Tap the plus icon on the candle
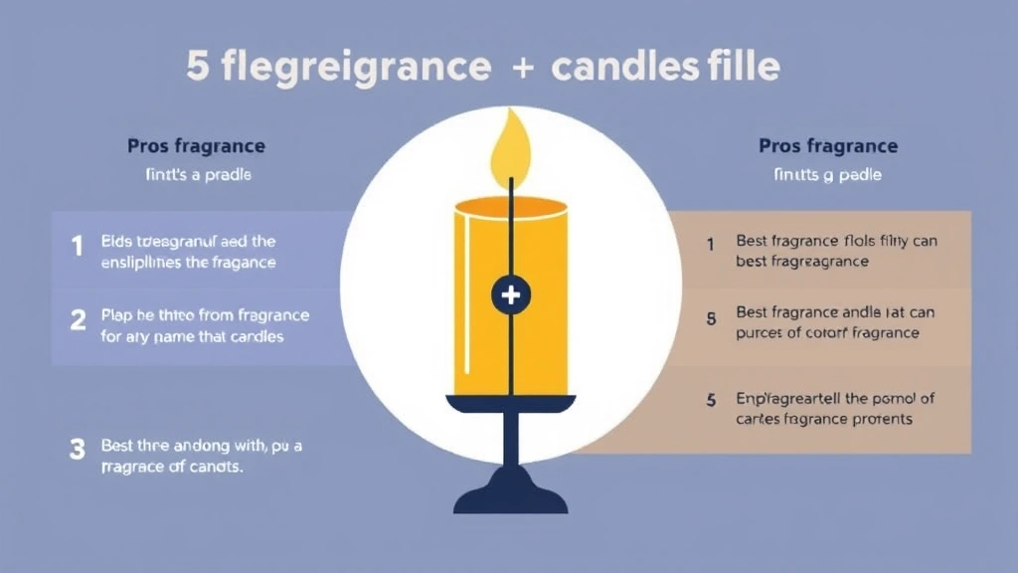click(511, 294)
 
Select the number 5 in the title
click(197, 67)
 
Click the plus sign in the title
click(521, 68)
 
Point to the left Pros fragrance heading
click(196, 146)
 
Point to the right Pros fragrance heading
click(827, 146)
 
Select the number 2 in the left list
click(78, 320)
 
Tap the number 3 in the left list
click(78, 449)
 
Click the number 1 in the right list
click(711, 243)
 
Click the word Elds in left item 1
click(115, 241)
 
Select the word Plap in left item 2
click(116, 315)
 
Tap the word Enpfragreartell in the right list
click(787, 399)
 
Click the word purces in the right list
click(761, 333)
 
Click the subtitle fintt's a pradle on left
click(196, 175)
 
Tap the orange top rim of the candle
click(511, 205)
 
